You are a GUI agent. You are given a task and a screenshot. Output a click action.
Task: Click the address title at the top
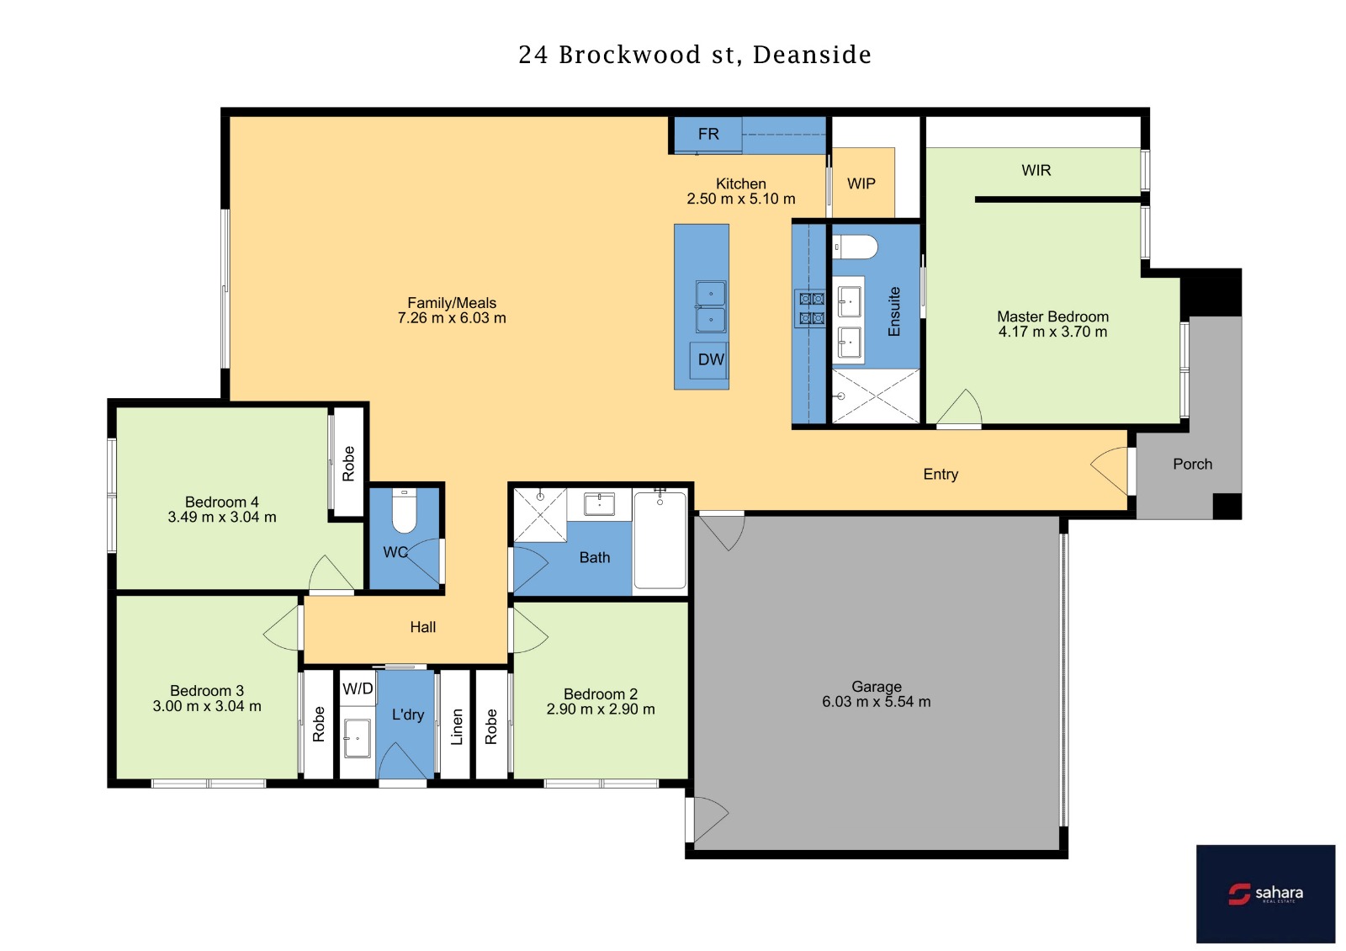pos(695,55)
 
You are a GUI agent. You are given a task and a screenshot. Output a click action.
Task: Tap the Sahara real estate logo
pos(1265,893)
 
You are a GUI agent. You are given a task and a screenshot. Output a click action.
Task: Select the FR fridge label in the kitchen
pos(708,134)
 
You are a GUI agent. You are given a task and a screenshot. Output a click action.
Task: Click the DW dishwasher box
pos(710,360)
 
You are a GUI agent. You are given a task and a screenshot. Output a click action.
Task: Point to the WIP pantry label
pos(861,184)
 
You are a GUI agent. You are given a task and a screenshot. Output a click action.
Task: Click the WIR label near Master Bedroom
pos(1036,171)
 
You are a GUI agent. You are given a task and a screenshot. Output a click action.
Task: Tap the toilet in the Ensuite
pos(855,247)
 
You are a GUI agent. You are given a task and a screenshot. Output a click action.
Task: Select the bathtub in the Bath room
pos(660,539)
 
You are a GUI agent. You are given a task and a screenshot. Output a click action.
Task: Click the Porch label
pos(1192,465)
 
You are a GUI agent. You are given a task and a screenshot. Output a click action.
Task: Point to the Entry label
pos(941,475)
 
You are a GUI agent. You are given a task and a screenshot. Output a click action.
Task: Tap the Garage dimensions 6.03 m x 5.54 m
pos(876,702)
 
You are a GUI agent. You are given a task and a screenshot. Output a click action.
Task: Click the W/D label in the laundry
pos(358,689)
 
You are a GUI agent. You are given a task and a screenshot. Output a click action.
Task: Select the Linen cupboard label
pos(457,727)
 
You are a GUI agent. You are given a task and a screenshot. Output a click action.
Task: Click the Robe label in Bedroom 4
pos(348,464)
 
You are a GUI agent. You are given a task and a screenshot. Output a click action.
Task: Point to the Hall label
pos(422,628)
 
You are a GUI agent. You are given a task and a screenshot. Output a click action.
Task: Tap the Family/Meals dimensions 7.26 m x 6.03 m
pos(452,318)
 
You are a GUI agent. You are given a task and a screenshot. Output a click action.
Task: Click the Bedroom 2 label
pos(601,694)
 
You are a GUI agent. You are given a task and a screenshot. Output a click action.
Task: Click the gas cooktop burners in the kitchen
pos(811,308)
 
